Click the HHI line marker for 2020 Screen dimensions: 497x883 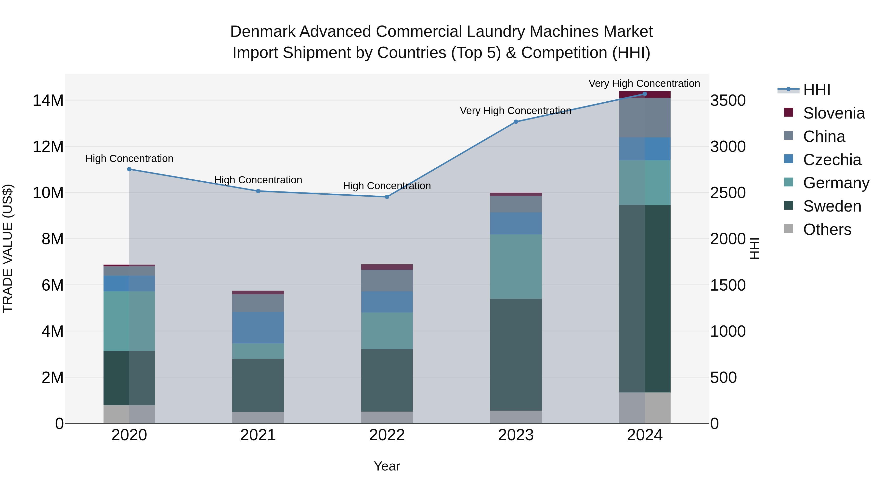pos(129,169)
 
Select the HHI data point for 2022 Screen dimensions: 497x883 pos(387,197)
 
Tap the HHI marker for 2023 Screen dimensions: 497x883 pos(516,122)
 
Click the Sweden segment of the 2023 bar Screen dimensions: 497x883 pos(516,354)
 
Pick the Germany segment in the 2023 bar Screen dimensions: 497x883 pos(516,267)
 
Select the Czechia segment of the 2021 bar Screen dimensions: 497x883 pos(258,328)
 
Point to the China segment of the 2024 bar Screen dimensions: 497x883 pos(645,118)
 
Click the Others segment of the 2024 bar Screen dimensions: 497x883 pos(645,408)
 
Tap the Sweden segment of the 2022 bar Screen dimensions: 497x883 pos(387,380)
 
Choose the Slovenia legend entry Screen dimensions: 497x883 pos(834,113)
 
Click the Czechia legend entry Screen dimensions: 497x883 pos(832,160)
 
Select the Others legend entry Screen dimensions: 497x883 pos(827,229)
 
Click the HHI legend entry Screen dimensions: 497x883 pos(817,90)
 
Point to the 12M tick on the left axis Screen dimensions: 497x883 pos(48,147)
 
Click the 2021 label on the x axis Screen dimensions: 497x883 pos(258,435)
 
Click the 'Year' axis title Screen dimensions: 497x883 pos(387,466)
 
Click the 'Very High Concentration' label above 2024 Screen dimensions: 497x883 pos(644,83)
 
